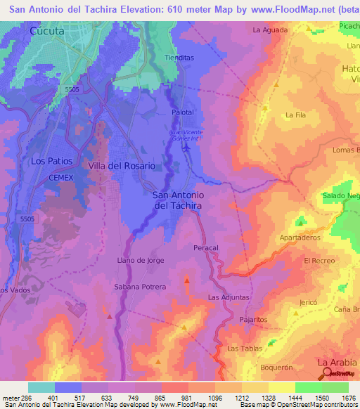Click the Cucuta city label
point(47,32)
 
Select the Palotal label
point(182,112)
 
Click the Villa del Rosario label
point(122,165)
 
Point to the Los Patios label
point(52,161)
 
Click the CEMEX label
point(61,178)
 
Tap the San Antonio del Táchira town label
point(178,200)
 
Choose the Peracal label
point(206,249)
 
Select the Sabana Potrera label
point(140,287)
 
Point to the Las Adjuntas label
point(229,298)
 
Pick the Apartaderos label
point(300,238)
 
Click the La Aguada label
point(269,30)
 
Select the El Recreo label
point(319,260)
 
